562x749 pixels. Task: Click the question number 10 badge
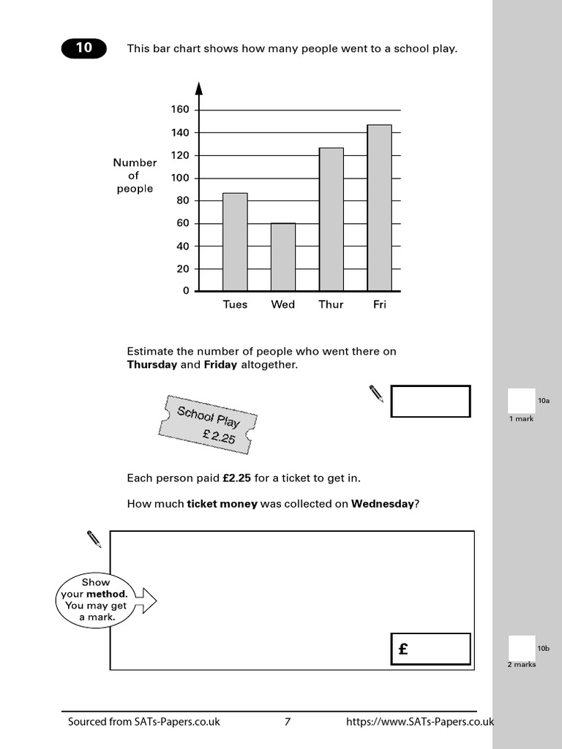click(83, 48)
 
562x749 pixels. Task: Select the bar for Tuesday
click(235, 242)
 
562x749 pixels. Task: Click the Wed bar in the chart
click(283, 257)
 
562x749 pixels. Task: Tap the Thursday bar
click(331, 219)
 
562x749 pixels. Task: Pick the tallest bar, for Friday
click(379, 208)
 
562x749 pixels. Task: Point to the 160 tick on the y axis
click(180, 110)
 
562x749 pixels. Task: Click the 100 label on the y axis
click(180, 178)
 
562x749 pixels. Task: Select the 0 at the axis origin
click(186, 290)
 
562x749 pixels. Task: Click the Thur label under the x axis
click(331, 304)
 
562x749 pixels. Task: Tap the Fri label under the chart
click(379, 304)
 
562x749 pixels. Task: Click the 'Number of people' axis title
click(135, 176)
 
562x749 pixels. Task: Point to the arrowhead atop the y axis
click(198, 89)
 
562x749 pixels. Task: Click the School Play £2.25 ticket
click(208, 424)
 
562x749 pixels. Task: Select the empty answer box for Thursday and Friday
click(430, 402)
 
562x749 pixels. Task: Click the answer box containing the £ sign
click(430, 649)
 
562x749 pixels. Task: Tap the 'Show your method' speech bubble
click(95, 600)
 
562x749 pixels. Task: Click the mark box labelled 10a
click(521, 401)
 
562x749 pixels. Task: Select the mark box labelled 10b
click(521, 648)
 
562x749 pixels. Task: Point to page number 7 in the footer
click(288, 722)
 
